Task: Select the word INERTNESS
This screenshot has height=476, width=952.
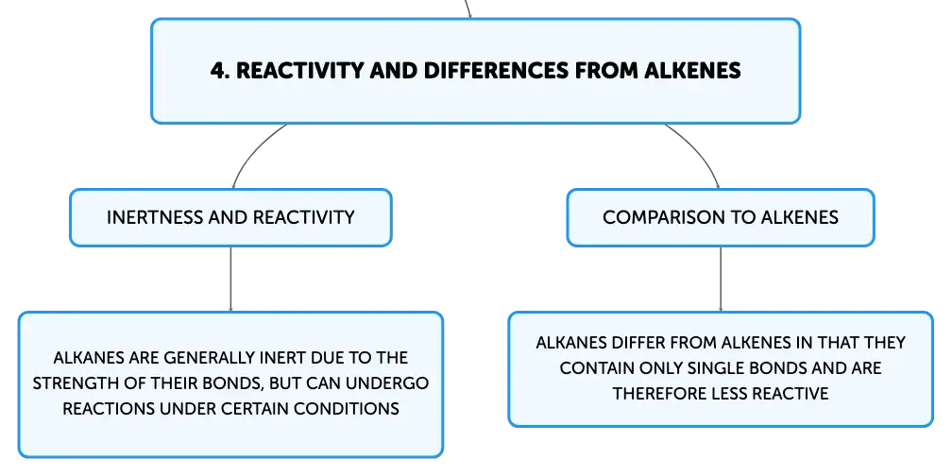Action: [155, 217]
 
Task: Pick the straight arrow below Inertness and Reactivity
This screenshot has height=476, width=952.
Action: [230, 280]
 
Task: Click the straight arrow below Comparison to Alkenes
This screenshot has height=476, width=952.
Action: [721, 280]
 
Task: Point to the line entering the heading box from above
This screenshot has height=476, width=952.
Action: [467, 8]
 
